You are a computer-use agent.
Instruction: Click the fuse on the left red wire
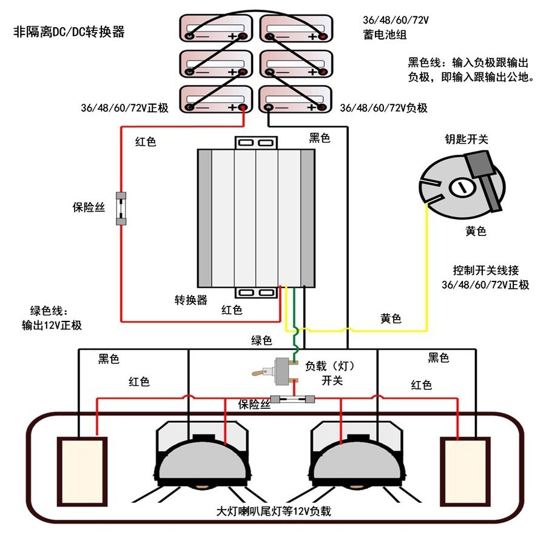(121, 209)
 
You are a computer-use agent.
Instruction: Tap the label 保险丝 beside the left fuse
(89, 207)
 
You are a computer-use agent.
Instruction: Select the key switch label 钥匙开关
(466, 140)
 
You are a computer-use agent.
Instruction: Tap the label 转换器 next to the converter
(191, 300)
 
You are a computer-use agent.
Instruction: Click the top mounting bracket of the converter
(256, 143)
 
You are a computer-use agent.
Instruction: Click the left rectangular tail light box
(81, 471)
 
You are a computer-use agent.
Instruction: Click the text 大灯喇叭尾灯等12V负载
(274, 511)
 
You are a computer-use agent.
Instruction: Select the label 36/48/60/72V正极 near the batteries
(124, 108)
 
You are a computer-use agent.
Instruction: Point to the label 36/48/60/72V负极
(383, 108)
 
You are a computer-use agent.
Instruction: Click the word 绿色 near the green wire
(262, 341)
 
